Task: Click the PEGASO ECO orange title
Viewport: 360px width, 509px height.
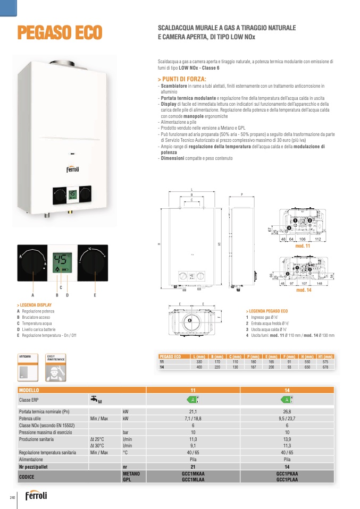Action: [x=59, y=32]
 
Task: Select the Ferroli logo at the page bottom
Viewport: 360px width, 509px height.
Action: [x=35, y=495]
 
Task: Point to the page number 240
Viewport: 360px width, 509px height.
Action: [x=12, y=497]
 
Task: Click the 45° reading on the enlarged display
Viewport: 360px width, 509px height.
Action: [x=62, y=259]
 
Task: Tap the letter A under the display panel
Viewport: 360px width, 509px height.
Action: [x=32, y=294]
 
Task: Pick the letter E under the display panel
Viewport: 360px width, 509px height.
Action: [x=95, y=294]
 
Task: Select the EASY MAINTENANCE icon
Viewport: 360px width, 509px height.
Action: [x=56, y=367]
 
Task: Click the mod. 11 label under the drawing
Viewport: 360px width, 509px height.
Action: [x=303, y=247]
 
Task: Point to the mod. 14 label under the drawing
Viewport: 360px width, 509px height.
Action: [x=303, y=291]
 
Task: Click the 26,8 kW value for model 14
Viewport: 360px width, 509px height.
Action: [x=287, y=412]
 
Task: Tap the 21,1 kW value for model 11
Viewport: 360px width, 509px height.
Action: [x=193, y=412]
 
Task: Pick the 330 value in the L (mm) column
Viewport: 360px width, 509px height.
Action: [x=199, y=361]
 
